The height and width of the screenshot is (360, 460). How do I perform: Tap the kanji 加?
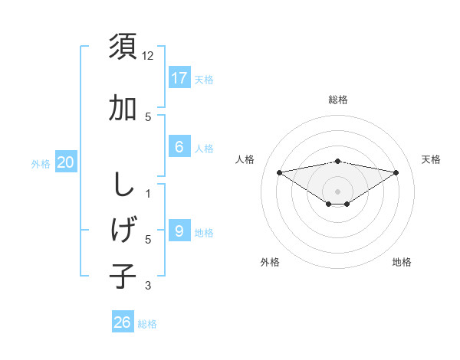click(123, 108)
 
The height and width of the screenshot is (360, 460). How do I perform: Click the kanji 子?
click(123, 275)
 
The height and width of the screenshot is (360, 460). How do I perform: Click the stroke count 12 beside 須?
click(149, 56)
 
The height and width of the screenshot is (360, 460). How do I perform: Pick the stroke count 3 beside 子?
click(148, 286)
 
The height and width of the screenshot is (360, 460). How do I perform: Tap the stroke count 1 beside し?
click(148, 193)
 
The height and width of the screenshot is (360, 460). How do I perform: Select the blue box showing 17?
click(179, 78)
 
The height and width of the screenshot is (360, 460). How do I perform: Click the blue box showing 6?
click(179, 147)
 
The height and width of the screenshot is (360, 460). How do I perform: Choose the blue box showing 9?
click(179, 231)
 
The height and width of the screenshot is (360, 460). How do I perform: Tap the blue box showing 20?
click(66, 162)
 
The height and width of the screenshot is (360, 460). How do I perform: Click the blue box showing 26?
click(123, 322)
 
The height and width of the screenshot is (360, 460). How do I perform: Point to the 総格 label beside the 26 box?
click(147, 324)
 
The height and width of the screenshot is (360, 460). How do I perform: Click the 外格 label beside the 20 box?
click(41, 164)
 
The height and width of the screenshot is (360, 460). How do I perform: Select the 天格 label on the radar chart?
click(431, 159)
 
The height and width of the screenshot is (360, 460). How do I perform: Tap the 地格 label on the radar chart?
click(402, 262)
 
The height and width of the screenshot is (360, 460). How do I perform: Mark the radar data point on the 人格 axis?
click(280, 172)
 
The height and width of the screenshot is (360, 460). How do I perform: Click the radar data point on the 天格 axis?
click(396, 172)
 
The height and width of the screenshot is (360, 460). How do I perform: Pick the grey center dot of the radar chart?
click(337, 191)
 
